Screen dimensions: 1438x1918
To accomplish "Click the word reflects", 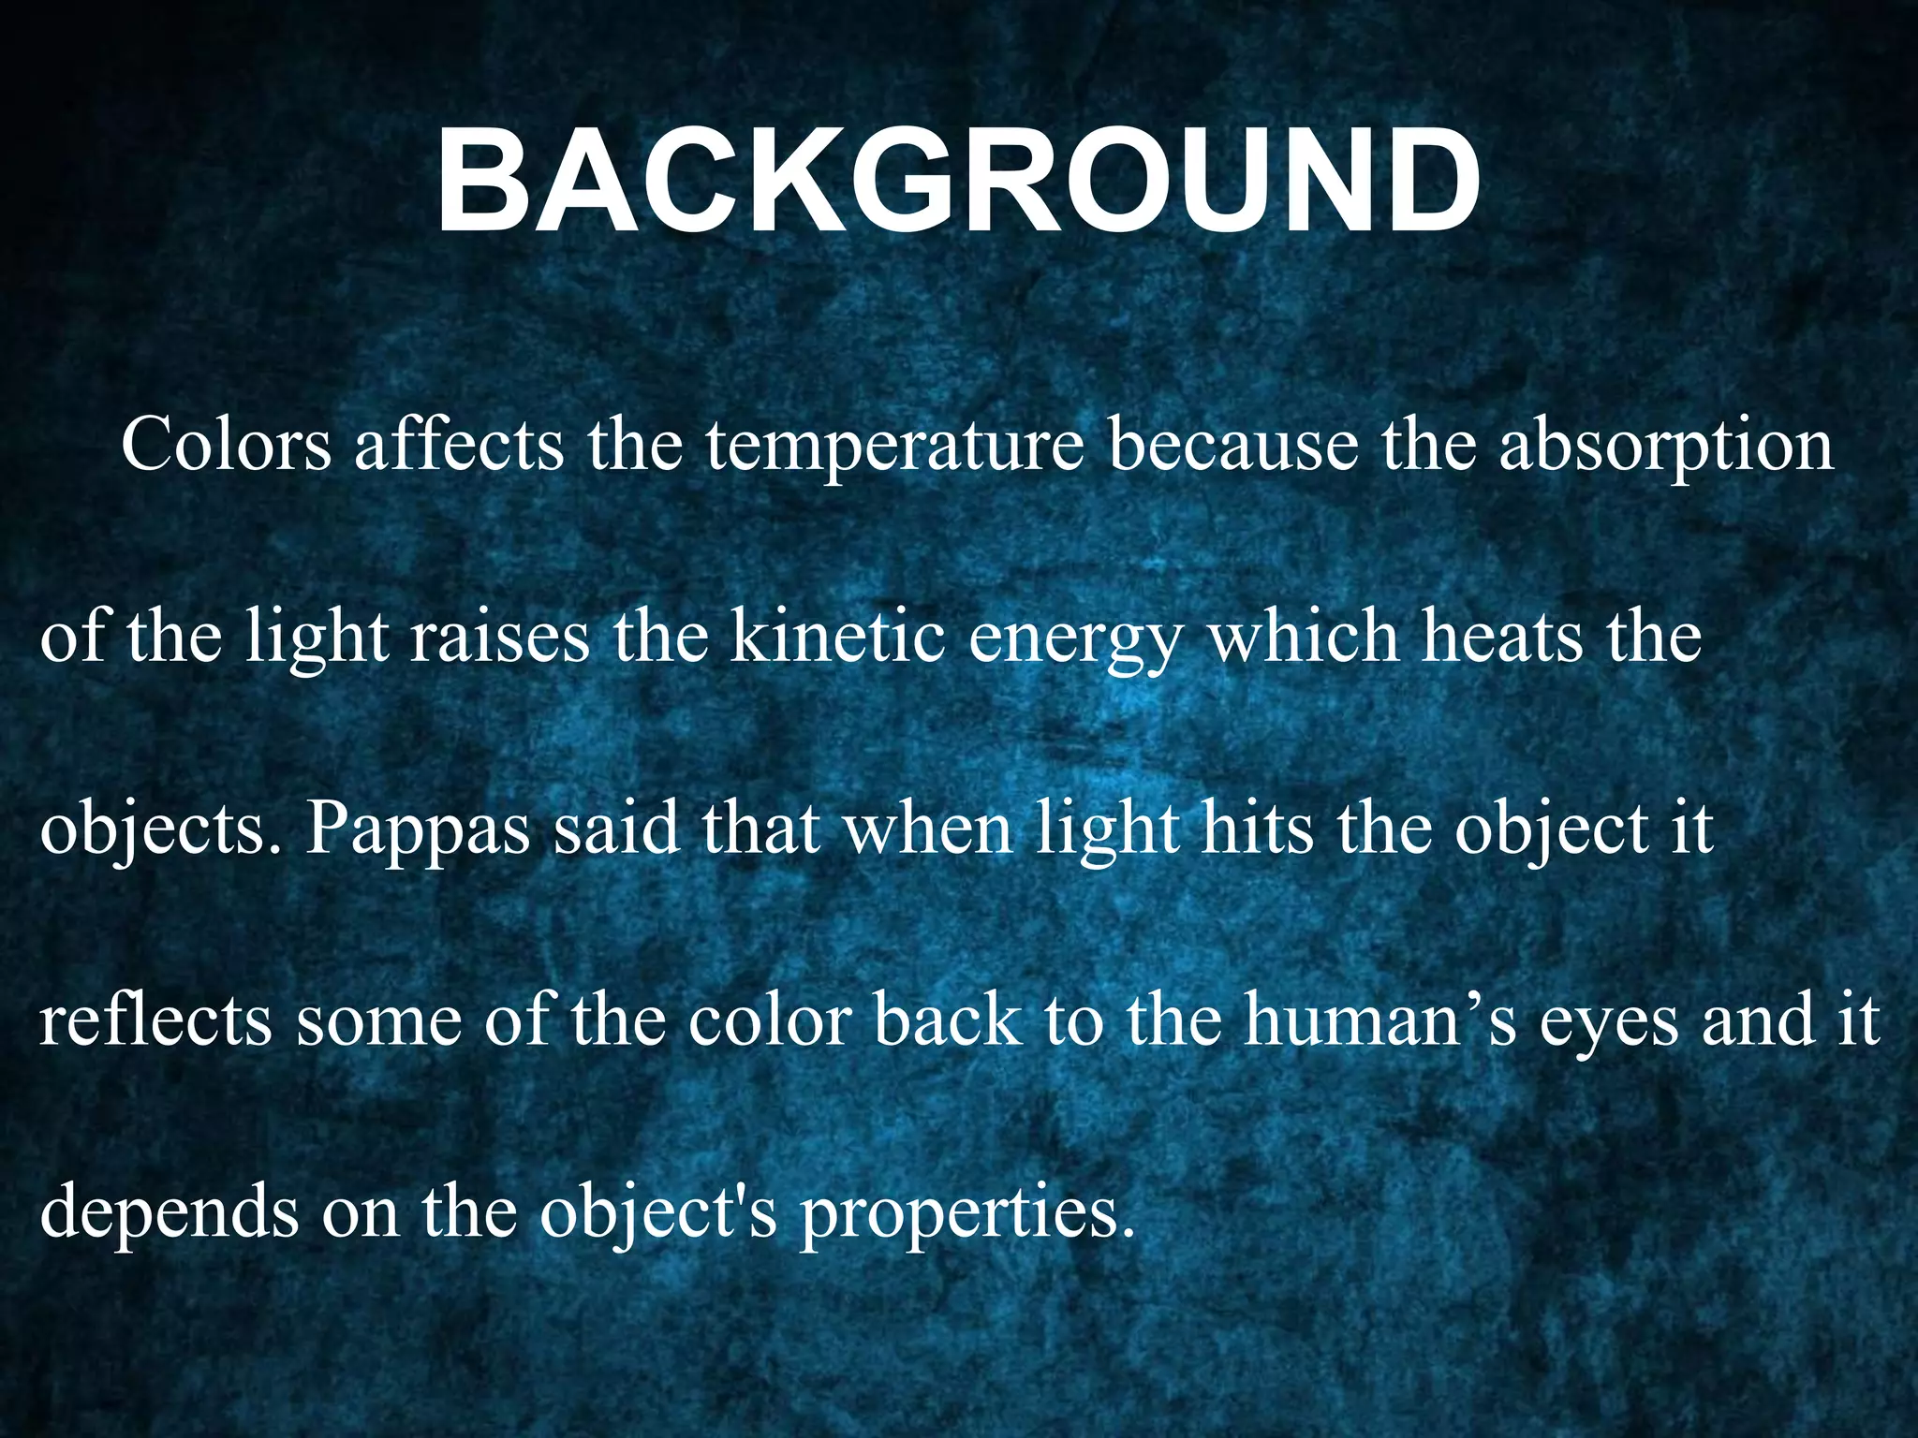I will coord(155,1020).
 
